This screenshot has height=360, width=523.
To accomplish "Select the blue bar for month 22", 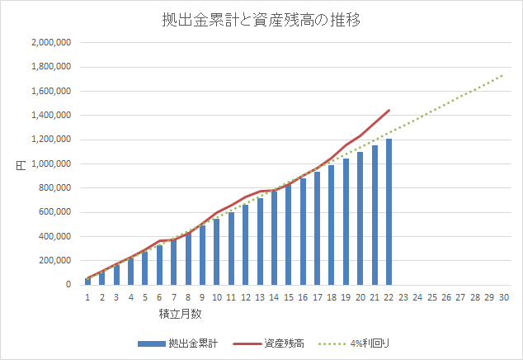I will click(x=389, y=212).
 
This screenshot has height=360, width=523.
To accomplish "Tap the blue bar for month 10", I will click(x=216, y=252).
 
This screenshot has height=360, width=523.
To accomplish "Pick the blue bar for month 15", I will click(x=288, y=235).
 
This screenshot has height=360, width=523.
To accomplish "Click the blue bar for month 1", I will click(x=87, y=282).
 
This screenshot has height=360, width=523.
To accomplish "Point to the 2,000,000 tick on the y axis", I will click(x=51, y=42).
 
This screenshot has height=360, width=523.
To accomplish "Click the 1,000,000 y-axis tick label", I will click(x=51, y=163).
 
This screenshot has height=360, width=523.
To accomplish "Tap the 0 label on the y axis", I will click(x=69, y=285).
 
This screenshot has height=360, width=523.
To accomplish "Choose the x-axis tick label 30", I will click(x=503, y=297).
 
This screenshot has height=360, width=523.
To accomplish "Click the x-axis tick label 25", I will click(x=431, y=297).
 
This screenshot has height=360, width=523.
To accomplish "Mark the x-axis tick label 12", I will click(x=245, y=297).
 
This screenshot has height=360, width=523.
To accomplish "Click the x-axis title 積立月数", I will click(x=181, y=315).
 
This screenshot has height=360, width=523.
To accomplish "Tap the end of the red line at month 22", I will click(x=389, y=110).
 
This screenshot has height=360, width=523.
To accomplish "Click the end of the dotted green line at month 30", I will click(x=503, y=74).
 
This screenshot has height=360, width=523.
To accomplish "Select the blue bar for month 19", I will click(x=346, y=222).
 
